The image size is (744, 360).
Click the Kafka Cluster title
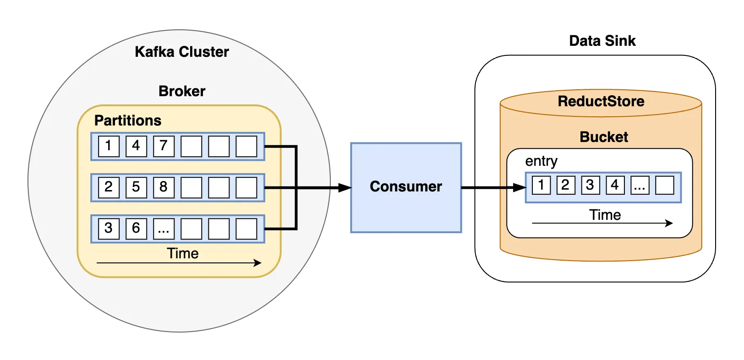[x=181, y=52]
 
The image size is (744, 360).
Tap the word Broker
[x=181, y=91]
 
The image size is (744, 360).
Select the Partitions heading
[x=127, y=120]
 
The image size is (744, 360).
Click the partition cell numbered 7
[x=164, y=146]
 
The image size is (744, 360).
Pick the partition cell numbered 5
[x=136, y=187]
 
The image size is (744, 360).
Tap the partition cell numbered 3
[x=109, y=229]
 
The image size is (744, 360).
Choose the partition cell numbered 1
[x=109, y=146]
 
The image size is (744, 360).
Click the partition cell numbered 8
[x=164, y=187]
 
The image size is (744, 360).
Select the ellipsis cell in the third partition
[x=164, y=229]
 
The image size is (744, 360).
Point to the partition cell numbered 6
[x=136, y=229]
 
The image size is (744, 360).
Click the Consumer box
[x=405, y=187]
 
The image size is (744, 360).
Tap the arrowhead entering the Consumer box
[x=345, y=188]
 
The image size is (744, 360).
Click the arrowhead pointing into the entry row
[x=520, y=187]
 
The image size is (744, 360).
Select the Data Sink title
[x=602, y=41]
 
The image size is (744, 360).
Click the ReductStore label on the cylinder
[x=601, y=101]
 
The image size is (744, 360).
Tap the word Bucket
[x=603, y=137]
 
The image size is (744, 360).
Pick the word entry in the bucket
[x=541, y=161]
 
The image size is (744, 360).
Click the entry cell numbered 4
[x=615, y=185]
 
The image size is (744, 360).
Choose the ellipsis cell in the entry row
[x=640, y=185]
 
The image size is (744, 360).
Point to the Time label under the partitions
[x=182, y=253]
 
